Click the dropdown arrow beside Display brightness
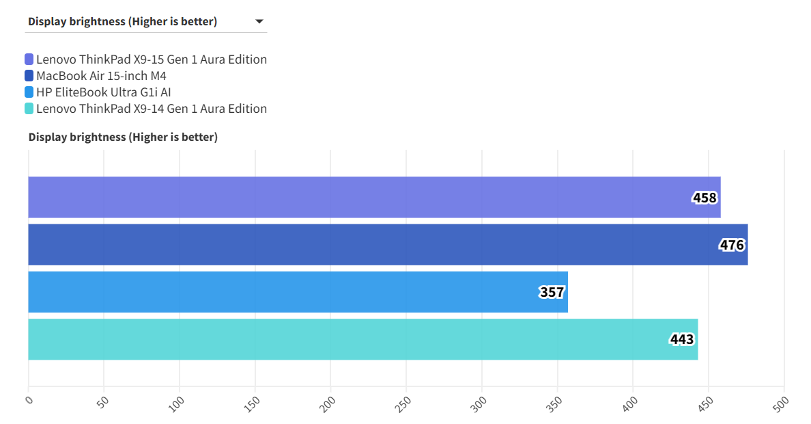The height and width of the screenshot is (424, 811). click(x=259, y=22)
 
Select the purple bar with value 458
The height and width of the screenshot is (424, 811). click(x=374, y=198)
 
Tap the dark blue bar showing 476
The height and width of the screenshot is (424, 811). click(x=388, y=245)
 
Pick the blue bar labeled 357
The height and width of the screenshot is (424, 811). click(x=298, y=292)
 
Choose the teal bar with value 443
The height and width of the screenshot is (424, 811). click(x=362, y=339)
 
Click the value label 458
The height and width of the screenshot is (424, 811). click(x=705, y=198)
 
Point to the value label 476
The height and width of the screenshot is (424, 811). click(x=732, y=246)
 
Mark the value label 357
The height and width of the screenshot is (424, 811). click(x=552, y=293)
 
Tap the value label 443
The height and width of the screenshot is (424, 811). click(x=682, y=340)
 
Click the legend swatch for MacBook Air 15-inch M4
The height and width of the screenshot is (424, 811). click(x=29, y=76)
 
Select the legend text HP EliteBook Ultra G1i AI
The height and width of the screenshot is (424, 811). click(x=103, y=92)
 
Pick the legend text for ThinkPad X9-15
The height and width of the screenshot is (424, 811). click(x=152, y=59)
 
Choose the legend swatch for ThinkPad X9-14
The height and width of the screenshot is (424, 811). click(x=29, y=109)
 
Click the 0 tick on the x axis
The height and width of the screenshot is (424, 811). click(x=29, y=400)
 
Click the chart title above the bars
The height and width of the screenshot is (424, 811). click(x=123, y=137)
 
